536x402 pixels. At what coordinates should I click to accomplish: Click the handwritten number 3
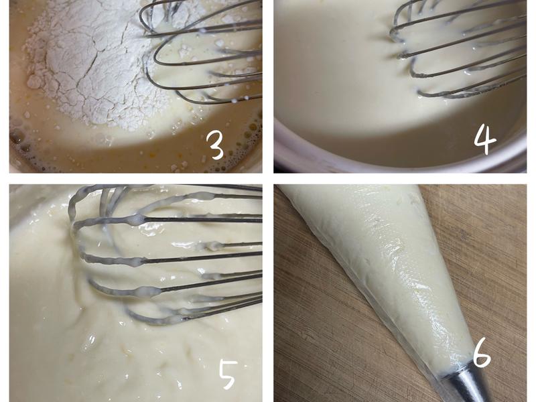coord(216,146)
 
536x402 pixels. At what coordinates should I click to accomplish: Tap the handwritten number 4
coord(485,139)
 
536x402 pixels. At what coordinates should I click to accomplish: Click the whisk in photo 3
coord(202,52)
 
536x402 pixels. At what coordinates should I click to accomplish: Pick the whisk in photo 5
coord(164,253)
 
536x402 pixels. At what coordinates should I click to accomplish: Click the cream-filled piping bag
coord(387,273)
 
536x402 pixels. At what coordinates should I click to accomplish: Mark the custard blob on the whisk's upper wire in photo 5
coord(137,219)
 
